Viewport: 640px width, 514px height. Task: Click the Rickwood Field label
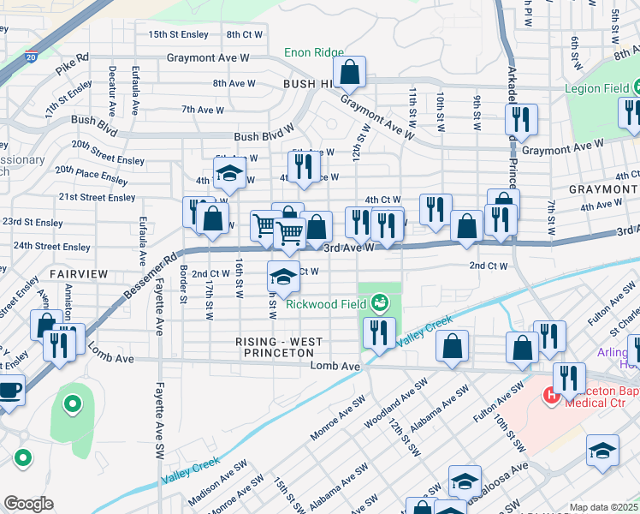(325, 303)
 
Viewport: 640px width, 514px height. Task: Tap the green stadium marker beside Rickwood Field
(378, 302)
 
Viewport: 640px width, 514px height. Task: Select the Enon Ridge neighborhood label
(313, 52)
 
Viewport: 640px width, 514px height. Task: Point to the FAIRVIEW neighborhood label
(79, 273)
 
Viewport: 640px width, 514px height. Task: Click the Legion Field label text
(596, 88)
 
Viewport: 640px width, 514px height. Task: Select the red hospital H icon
(554, 395)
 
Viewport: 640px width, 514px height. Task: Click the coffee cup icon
(9, 390)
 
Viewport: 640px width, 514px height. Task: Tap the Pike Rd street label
(70, 57)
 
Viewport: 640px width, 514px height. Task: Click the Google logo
(28, 504)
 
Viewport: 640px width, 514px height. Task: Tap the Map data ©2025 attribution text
(603, 507)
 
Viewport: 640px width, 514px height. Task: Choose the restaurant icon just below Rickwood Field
(378, 332)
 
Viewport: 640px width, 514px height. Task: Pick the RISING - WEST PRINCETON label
(280, 347)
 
